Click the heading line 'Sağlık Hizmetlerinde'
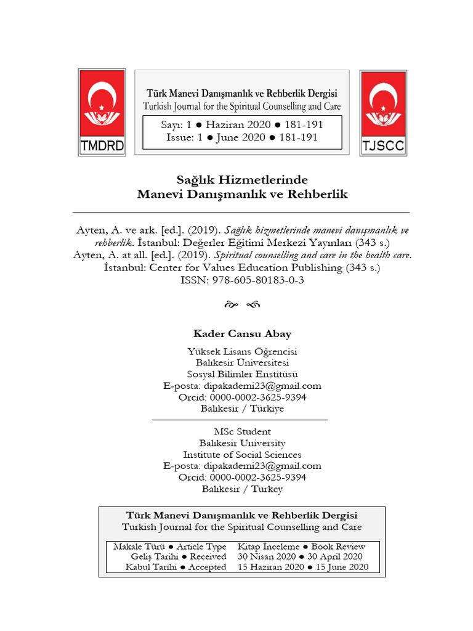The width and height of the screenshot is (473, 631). pos(241,180)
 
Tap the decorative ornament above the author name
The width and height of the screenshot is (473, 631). pos(242,305)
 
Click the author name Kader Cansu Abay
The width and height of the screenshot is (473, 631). pos(242,334)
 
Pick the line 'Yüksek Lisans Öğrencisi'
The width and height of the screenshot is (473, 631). pos(242,351)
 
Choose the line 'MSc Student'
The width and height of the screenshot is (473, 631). pos(242,432)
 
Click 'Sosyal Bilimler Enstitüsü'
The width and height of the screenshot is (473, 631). pos(242,374)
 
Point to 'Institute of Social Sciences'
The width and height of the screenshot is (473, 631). pos(242,455)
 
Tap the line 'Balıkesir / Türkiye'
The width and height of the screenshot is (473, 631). pos(242,409)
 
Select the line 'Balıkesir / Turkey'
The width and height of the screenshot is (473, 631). pos(242,489)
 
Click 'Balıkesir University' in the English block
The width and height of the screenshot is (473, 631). pos(242,443)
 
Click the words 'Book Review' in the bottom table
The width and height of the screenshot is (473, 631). pos(338,547)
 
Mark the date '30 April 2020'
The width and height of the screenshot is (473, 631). pos(338,556)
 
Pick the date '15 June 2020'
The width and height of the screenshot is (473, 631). pos(341,567)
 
